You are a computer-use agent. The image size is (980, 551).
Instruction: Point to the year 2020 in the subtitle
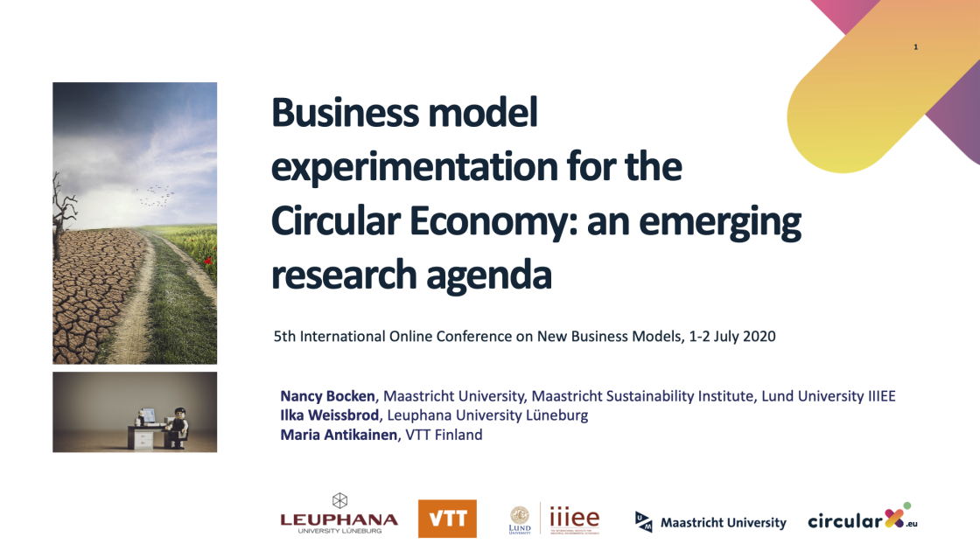pos(758,336)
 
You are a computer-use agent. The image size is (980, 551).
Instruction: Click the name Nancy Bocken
pos(328,396)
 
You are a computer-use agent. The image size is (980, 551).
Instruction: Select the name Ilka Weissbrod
pos(329,415)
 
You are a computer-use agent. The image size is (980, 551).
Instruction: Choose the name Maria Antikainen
pos(339,435)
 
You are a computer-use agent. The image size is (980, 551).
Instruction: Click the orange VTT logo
pos(447,519)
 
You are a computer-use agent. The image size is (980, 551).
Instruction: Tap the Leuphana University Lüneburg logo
pos(339,513)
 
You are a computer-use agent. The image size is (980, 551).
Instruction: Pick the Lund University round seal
pos(520,514)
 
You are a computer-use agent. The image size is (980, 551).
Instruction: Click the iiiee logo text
pos(574,518)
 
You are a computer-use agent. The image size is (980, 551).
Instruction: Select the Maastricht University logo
pos(710,522)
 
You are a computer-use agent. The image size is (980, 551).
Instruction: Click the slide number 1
pos(915,46)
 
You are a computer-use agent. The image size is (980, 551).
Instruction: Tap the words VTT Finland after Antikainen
pos(444,435)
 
